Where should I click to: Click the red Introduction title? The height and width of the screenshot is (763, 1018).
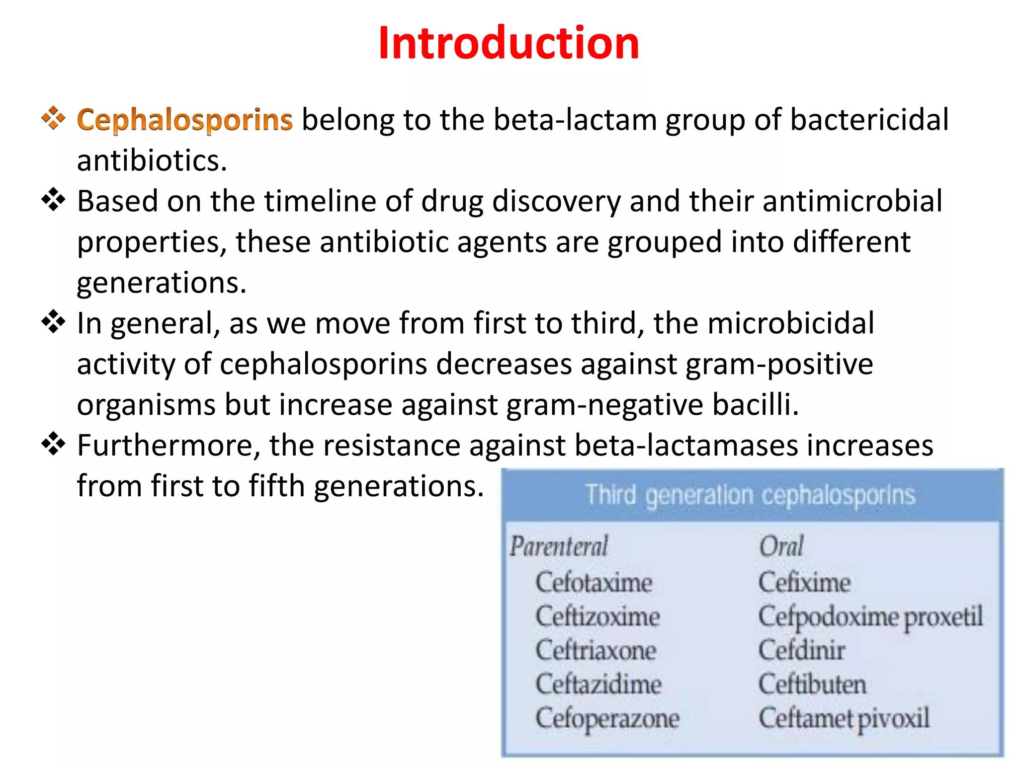(x=509, y=44)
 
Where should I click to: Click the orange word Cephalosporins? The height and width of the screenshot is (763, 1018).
(x=184, y=120)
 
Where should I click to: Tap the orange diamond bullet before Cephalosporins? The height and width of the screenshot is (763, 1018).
(x=53, y=118)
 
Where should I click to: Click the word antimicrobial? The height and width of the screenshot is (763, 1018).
(x=852, y=201)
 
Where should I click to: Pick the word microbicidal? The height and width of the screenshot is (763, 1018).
(x=790, y=323)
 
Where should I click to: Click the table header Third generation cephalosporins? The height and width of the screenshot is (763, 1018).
(x=750, y=495)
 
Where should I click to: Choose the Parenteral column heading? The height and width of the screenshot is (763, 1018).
(x=559, y=546)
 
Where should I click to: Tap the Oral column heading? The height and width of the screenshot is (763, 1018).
(x=781, y=546)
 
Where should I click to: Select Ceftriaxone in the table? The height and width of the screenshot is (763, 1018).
(x=595, y=650)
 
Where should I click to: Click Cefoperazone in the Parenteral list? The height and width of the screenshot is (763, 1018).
(x=607, y=718)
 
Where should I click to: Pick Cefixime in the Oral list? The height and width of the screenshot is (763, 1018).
(x=804, y=582)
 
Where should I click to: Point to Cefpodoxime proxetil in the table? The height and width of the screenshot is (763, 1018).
(x=870, y=617)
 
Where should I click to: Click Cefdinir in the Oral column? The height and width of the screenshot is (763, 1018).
(x=801, y=650)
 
